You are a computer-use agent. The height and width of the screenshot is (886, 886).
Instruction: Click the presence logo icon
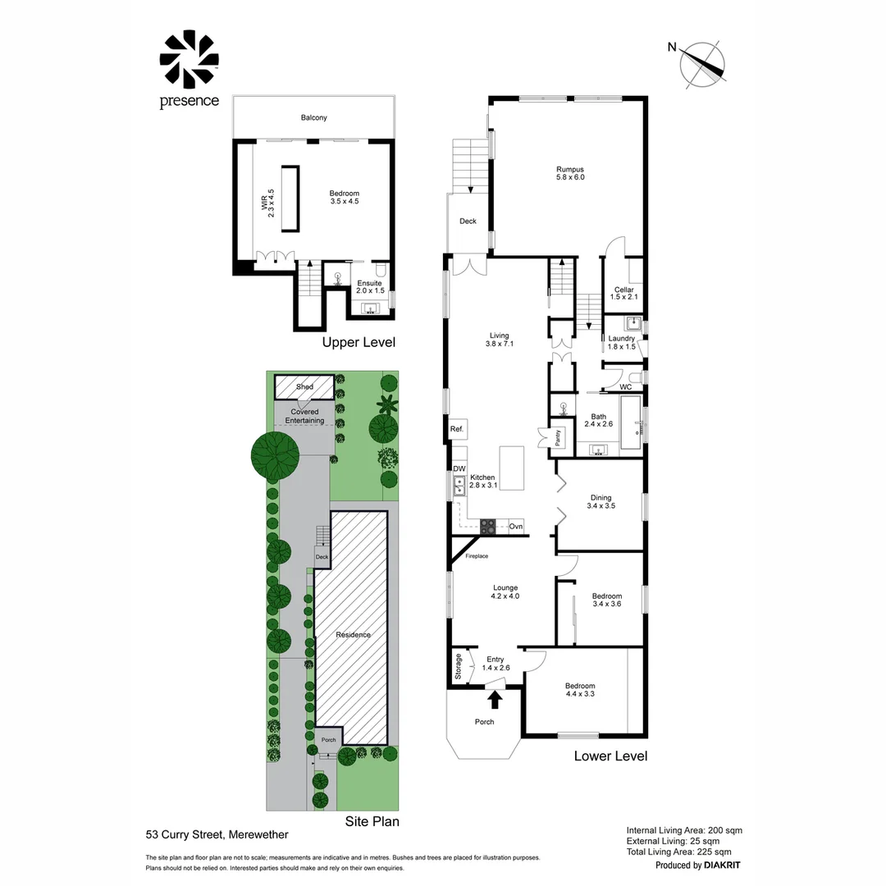(189, 61)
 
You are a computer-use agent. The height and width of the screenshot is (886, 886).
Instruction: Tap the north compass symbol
(704, 64)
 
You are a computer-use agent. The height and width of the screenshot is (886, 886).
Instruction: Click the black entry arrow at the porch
(495, 698)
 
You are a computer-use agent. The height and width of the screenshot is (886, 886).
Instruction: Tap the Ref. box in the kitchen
(457, 429)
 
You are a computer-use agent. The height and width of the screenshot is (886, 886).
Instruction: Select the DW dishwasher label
(459, 468)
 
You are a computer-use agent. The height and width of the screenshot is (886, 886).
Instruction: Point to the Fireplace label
(477, 557)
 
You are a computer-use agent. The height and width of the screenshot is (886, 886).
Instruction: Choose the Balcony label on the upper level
(313, 117)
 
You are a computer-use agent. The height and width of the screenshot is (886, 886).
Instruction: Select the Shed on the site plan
(304, 386)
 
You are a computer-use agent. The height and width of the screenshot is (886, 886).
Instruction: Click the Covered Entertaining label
(304, 416)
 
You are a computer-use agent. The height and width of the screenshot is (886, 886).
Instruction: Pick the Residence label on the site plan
(353, 634)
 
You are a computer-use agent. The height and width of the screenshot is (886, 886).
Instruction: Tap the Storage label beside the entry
(457, 665)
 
